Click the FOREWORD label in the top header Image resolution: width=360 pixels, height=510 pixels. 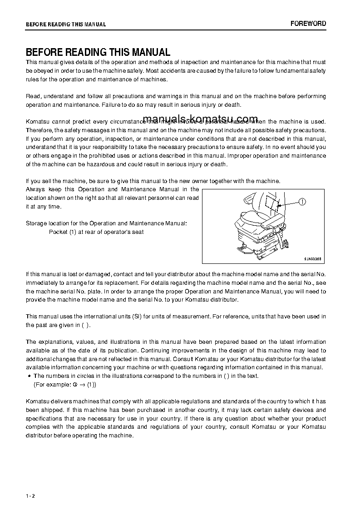[x=308, y=24]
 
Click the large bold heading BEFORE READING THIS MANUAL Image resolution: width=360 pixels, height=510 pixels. [x=98, y=52]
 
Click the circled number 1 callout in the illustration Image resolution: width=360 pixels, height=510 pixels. [x=303, y=203]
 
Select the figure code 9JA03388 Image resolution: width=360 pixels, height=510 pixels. [x=312, y=258]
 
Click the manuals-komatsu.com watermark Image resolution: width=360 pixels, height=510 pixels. [x=200, y=119]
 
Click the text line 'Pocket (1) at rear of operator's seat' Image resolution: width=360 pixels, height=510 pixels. [x=96, y=232]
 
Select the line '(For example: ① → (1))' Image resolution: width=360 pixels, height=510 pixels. [x=65, y=384]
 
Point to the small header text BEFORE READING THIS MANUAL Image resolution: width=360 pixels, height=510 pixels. [x=66, y=25]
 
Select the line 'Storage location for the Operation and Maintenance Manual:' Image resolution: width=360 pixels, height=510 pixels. [x=106, y=223]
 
